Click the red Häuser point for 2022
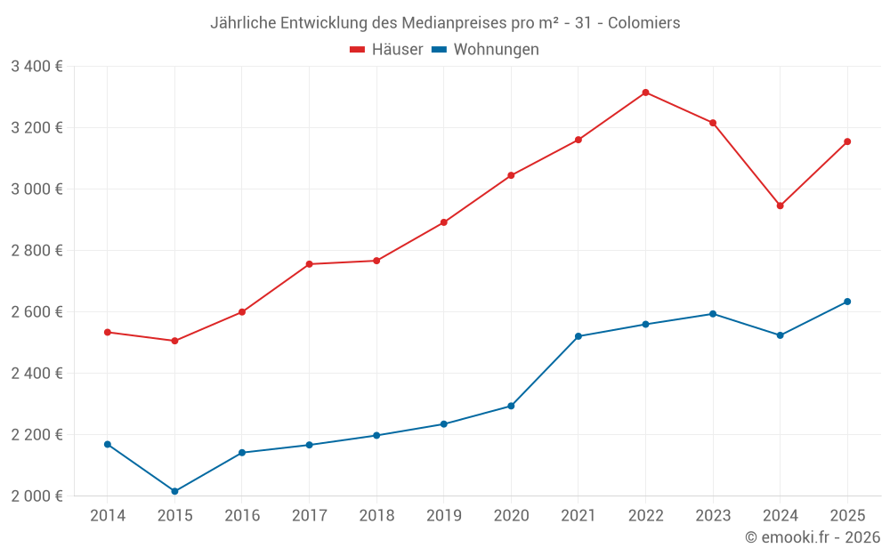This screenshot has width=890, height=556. [645, 93]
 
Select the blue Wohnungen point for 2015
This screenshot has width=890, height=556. [174, 491]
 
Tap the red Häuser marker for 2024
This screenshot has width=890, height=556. [780, 205]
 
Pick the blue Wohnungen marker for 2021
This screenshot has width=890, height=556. [578, 336]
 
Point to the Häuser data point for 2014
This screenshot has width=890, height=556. [108, 332]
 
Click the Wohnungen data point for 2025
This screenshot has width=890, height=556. [847, 302]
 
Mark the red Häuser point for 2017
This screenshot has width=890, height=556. [309, 264]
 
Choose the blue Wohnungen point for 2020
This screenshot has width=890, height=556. [511, 406]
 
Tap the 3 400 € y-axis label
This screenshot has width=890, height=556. [36, 66]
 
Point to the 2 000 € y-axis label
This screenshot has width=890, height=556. [36, 496]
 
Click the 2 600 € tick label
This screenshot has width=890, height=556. [36, 311]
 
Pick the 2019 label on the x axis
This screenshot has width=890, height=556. [443, 516]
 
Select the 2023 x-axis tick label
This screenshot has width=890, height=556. [713, 516]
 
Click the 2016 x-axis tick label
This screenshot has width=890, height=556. [242, 516]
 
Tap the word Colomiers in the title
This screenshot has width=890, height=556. [643, 22]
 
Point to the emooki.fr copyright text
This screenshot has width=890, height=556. [812, 537]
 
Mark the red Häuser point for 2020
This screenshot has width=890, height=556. [511, 175]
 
